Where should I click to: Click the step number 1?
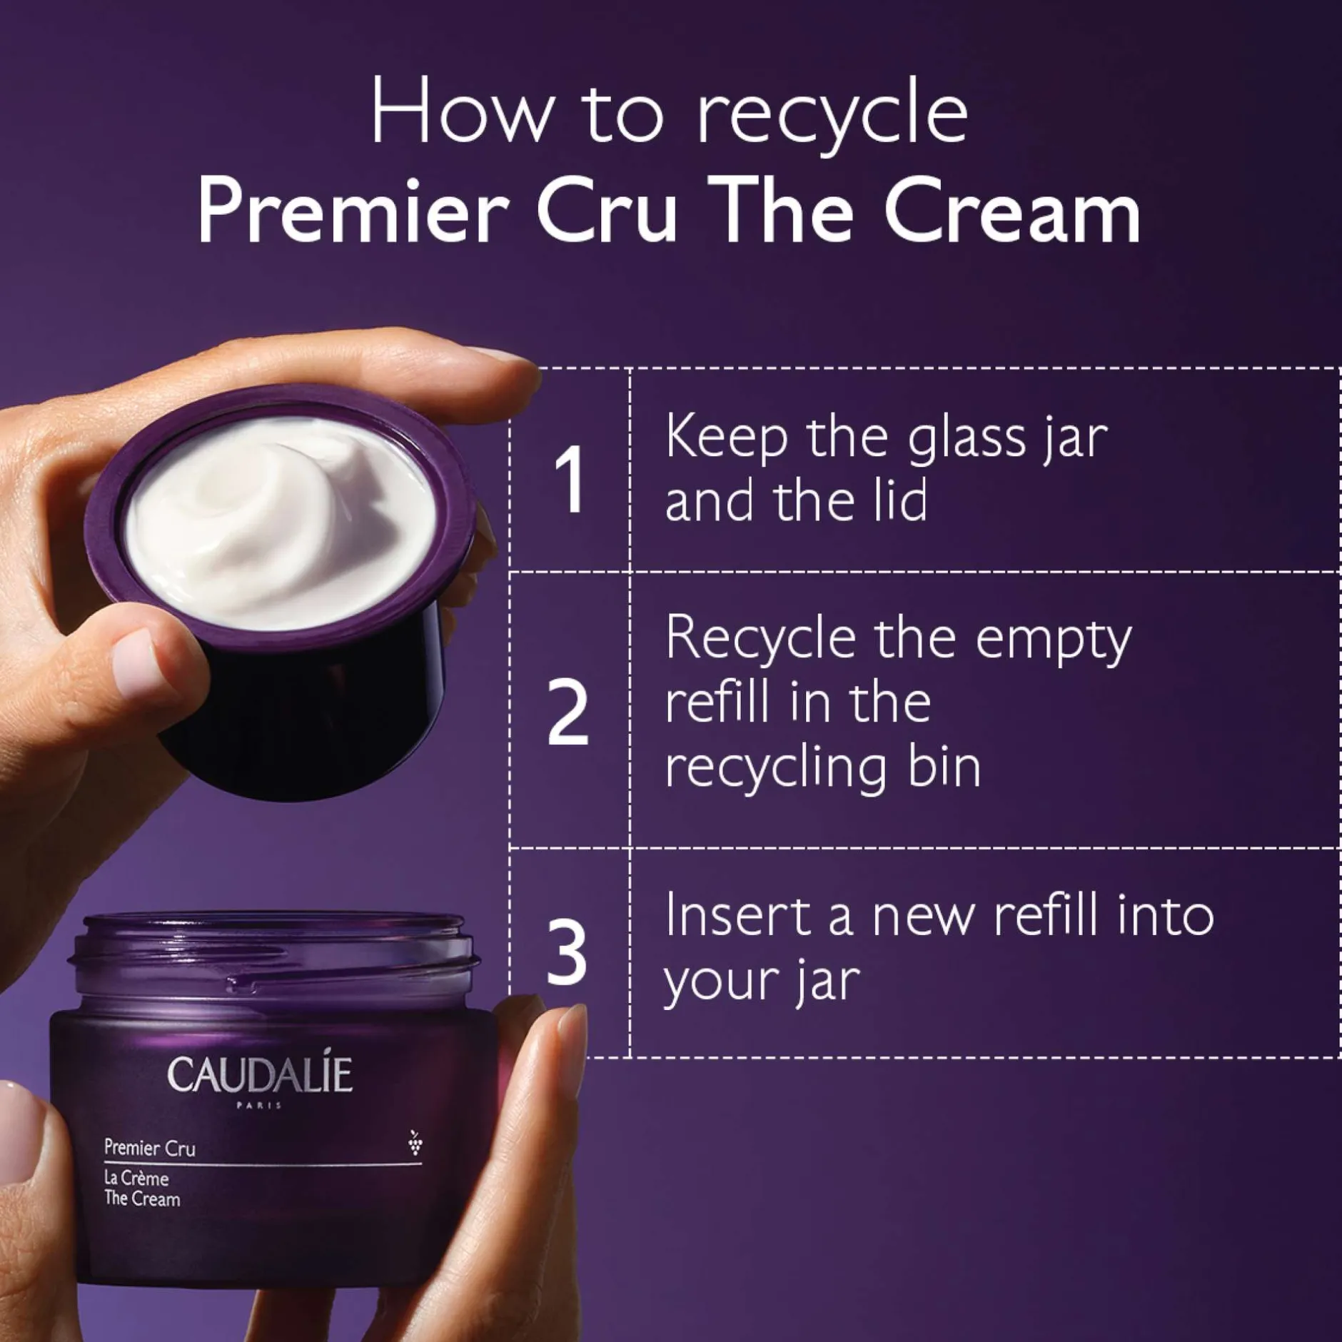[x=570, y=479]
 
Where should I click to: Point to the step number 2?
[x=568, y=712]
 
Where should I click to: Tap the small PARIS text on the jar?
[x=258, y=1106]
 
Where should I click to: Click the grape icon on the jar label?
[x=415, y=1141]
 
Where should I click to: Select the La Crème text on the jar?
[x=136, y=1178]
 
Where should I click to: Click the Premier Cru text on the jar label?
[x=150, y=1148]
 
